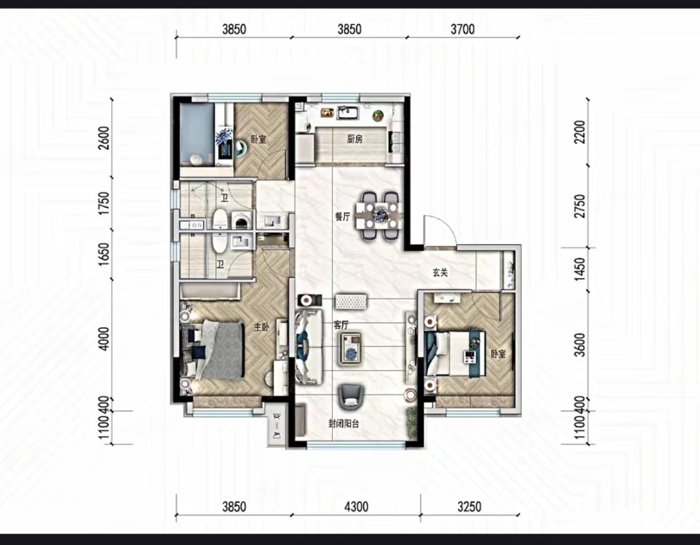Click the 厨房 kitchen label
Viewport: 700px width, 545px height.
[355, 139]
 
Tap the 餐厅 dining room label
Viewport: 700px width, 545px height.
[342, 217]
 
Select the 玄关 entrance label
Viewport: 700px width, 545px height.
[440, 273]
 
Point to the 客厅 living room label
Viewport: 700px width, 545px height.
[341, 325]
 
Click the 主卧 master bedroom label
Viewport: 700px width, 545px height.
[262, 327]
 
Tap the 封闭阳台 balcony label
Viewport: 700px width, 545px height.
[344, 424]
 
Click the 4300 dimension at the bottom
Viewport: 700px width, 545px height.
[356, 507]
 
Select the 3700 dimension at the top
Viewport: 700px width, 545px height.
[463, 30]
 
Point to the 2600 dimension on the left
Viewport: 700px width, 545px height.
[105, 138]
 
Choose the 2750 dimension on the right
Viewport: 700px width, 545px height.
[580, 206]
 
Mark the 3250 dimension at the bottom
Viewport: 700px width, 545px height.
[470, 507]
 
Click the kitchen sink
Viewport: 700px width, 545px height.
[348, 113]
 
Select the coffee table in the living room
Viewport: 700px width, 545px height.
[350, 349]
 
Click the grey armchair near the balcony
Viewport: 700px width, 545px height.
[351, 397]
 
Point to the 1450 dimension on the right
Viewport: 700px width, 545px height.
[580, 269]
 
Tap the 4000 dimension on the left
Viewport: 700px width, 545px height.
[105, 339]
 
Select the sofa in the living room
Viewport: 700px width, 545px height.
[309, 347]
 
